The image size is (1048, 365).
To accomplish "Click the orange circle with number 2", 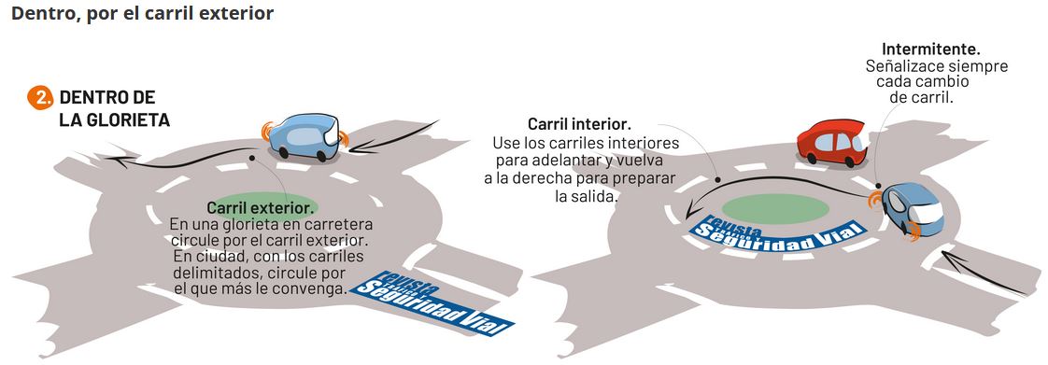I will click(39, 98).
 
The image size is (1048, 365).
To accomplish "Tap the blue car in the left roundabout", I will click(304, 137).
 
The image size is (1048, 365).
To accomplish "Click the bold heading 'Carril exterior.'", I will click(259, 207).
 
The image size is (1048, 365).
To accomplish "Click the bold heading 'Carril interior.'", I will click(579, 124).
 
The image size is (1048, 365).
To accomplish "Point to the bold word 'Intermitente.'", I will click(930, 49).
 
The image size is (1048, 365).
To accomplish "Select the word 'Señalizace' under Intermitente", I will click(902, 66).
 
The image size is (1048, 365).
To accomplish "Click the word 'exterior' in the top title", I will click(238, 15).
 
